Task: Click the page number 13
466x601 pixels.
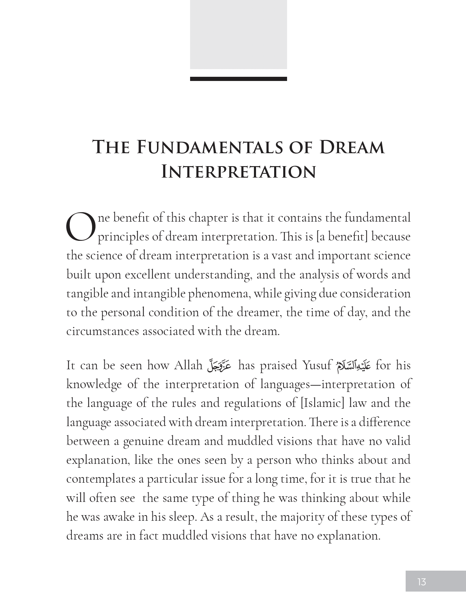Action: [x=421, y=581]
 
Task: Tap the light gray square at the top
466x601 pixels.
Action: [x=238, y=34]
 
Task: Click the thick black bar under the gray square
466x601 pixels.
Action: [x=238, y=79]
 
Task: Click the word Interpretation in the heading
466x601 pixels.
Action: [x=239, y=172]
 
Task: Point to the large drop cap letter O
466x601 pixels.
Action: [x=81, y=227]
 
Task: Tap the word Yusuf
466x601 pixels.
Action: [x=317, y=365]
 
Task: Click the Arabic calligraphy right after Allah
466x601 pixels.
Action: [x=219, y=365]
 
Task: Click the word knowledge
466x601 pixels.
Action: [x=93, y=384]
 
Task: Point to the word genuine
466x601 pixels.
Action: [x=143, y=441]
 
